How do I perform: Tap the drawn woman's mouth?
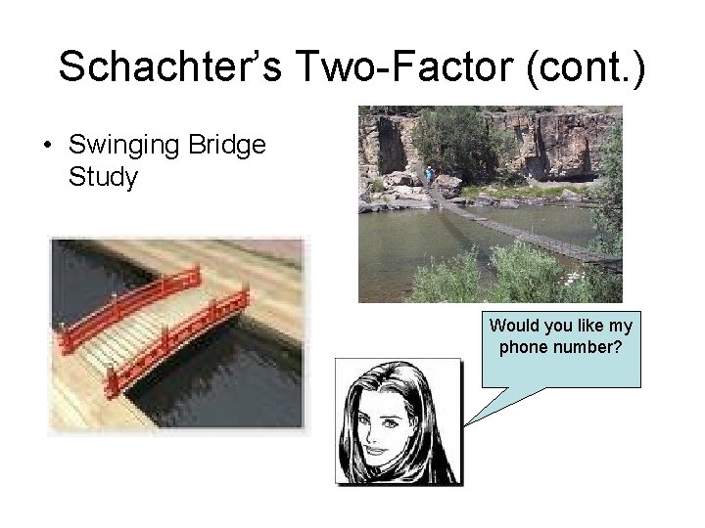pyautogui.click(x=376, y=451)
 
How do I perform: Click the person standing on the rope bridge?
pyautogui.click(x=430, y=175)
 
